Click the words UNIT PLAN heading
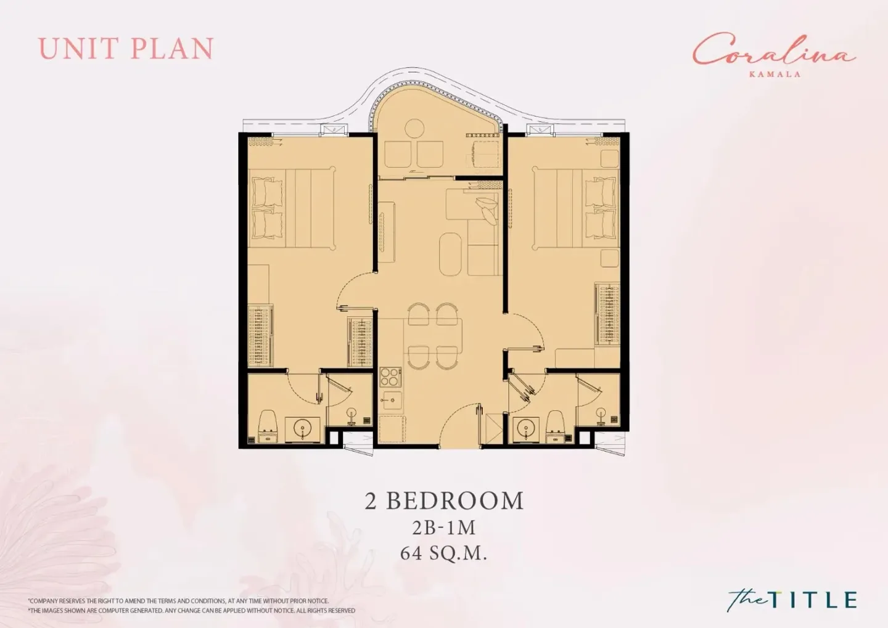click(x=126, y=48)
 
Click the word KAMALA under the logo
click(x=775, y=74)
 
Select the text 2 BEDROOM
click(x=444, y=500)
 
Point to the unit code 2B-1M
click(x=443, y=528)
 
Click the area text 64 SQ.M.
click(x=443, y=553)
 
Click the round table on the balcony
click(x=414, y=128)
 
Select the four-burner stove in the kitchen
click(x=390, y=377)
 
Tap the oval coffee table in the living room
click(x=451, y=253)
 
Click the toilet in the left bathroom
click(x=268, y=426)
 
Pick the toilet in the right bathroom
click(x=556, y=426)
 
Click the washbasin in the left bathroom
click(x=303, y=428)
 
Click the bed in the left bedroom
click(x=292, y=208)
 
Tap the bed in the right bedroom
click(x=575, y=208)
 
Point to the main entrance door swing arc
click(x=454, y=415)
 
